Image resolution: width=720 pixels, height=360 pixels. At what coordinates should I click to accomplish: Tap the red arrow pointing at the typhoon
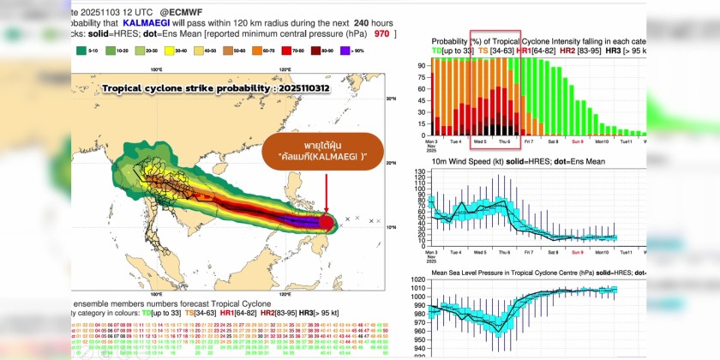[327, 196]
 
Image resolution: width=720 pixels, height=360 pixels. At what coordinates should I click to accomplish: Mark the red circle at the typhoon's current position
[327, 224]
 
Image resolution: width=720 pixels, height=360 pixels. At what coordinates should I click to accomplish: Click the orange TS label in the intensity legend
[483, 51]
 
